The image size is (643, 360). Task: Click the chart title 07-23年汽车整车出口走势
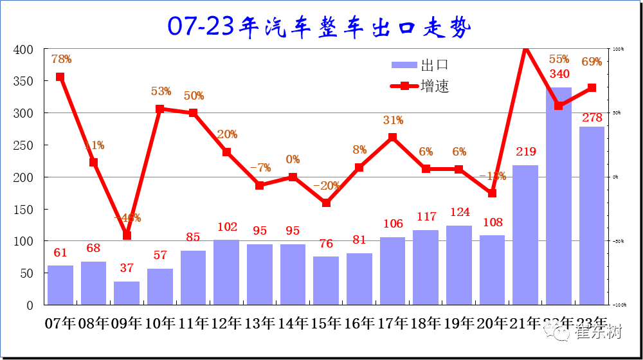(320, 26)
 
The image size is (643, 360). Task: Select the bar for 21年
(525, 235)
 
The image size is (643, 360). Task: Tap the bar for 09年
(127, 293)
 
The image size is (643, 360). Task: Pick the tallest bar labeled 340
(559, 196)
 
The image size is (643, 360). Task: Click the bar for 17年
(392, 271)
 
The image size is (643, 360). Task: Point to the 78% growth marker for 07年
(60, 77)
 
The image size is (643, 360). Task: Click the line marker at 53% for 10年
(160, 109)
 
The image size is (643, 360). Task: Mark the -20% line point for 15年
(326, 203)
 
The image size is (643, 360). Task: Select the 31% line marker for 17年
(392, 137)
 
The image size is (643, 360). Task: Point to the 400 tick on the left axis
(24, 50)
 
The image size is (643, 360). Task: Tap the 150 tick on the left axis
(24, 210)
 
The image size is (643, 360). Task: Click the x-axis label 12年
(226, 323)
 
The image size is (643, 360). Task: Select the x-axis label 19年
(459, 323)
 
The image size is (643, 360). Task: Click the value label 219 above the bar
(525, 152)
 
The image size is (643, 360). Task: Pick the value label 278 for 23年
(592, 118)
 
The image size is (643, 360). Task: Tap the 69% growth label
(592, 62)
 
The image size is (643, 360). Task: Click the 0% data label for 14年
(293, 159)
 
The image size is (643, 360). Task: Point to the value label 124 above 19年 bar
(459, 212)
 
